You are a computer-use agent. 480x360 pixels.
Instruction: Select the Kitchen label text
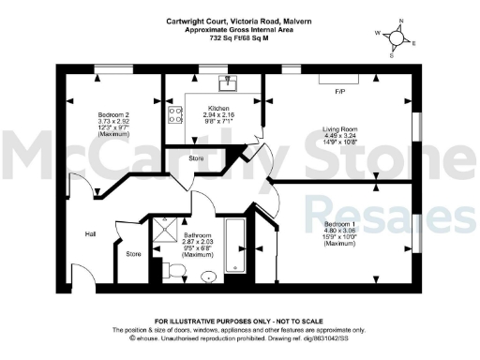point(218,108)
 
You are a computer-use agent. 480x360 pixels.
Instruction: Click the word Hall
point(91,233)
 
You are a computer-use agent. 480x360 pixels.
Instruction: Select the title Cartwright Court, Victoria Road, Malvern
point(239,16)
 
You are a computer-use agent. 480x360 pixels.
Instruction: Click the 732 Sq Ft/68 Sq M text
point(239,37)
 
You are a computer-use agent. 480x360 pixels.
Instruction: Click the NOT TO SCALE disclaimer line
point(239,322)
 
